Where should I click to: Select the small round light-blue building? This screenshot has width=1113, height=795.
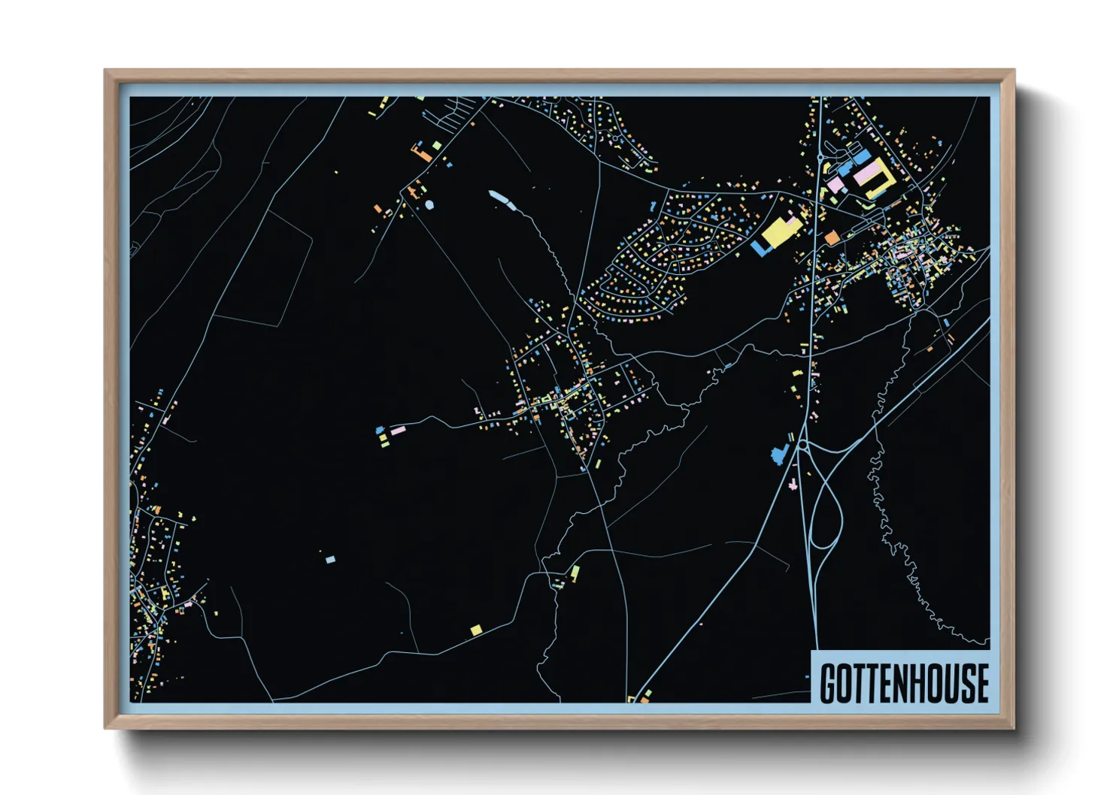[429, 204]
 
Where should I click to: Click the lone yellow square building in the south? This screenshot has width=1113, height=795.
[476, 630]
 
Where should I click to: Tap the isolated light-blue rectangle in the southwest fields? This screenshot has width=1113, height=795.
[330, 559]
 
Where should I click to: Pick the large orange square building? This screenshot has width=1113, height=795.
[832, 238]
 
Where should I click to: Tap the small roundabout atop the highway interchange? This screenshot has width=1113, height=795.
[802, 446]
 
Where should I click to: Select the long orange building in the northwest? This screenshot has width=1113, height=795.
[421, 155]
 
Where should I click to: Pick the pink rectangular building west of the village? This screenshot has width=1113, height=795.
[397, 430]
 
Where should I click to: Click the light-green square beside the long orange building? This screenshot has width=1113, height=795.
[437, 144]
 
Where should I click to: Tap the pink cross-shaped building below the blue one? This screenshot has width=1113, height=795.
[792, 485]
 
